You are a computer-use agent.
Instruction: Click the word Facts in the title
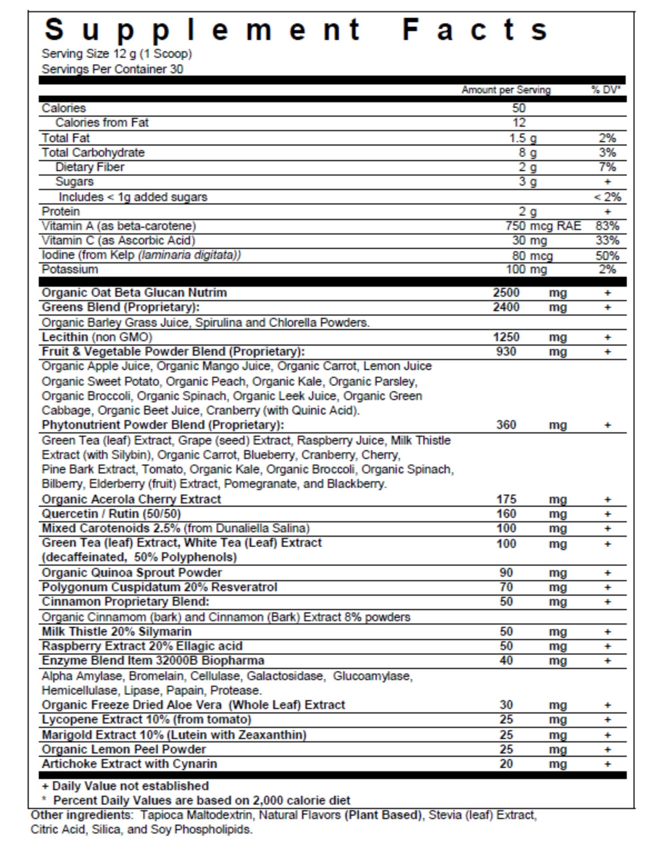[475, 30]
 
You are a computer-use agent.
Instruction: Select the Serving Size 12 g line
[116, 54]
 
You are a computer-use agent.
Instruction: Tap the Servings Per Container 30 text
[112, 69]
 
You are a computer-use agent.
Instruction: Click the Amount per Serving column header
[506, 90]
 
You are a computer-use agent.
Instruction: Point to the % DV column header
[605, 90]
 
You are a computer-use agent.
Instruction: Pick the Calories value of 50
[519, 108]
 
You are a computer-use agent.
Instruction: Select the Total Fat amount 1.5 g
[523, 138]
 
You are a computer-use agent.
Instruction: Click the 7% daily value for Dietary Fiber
[607, 167]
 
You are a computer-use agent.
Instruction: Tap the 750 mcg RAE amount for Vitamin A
[543, 226]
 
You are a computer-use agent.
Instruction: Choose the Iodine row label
[141, 255]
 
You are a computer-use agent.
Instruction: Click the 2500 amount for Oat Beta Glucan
[506, 293]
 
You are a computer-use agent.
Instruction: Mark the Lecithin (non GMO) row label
[97, 337]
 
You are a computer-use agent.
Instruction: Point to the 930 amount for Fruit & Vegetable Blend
[506, 351]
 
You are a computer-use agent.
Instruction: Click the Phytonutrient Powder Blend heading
[163, 425]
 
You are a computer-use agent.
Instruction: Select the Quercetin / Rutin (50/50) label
[111, 513]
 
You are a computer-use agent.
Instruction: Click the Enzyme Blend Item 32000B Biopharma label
[153, 661]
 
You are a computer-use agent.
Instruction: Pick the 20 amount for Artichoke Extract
[506, 764]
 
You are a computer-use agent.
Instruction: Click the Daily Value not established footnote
[125, 786]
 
